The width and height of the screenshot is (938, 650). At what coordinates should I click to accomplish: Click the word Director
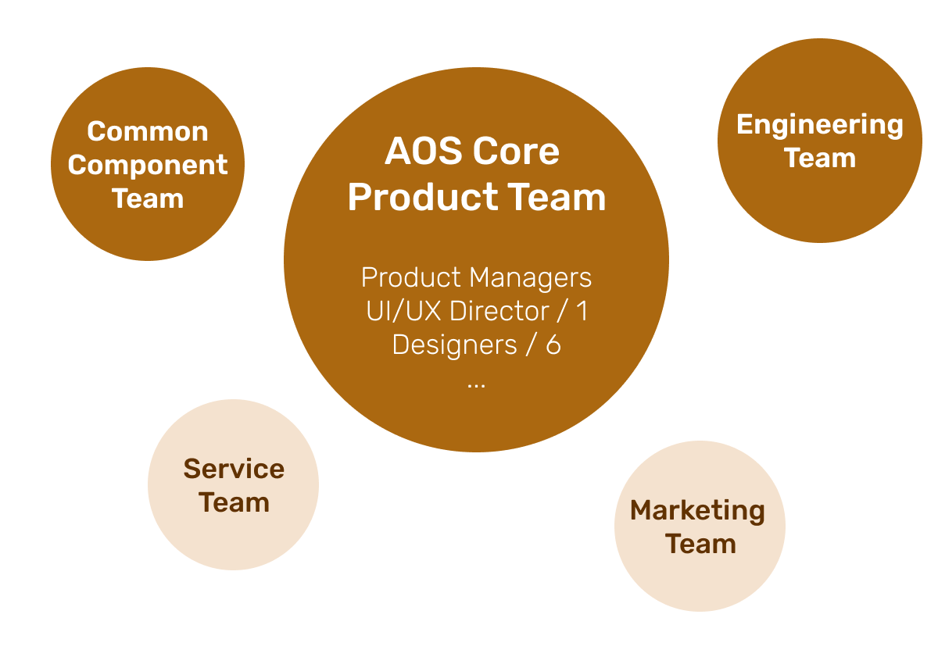pos(499,311)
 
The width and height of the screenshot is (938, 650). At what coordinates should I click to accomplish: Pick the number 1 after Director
pos(582,311)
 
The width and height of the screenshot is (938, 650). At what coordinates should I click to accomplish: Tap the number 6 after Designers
pos(553,345)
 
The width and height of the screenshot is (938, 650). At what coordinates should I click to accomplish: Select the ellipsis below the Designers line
pos(475,383)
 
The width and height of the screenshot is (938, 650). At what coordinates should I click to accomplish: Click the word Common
pos(148,131)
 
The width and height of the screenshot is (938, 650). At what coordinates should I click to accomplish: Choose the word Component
pos(148,165)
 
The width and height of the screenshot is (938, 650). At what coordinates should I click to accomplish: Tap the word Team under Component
pos(148,198)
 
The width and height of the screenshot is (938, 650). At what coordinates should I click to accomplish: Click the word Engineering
pos(819,125)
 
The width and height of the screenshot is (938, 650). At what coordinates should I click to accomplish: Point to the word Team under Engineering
pos(819,159)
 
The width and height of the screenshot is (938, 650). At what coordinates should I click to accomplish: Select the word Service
pos(234,469)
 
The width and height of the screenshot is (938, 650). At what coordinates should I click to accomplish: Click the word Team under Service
pos(234,502)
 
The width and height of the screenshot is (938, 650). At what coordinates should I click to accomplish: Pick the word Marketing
pos(697,510)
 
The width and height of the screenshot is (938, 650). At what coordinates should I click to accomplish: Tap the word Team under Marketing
pos(700,544)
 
